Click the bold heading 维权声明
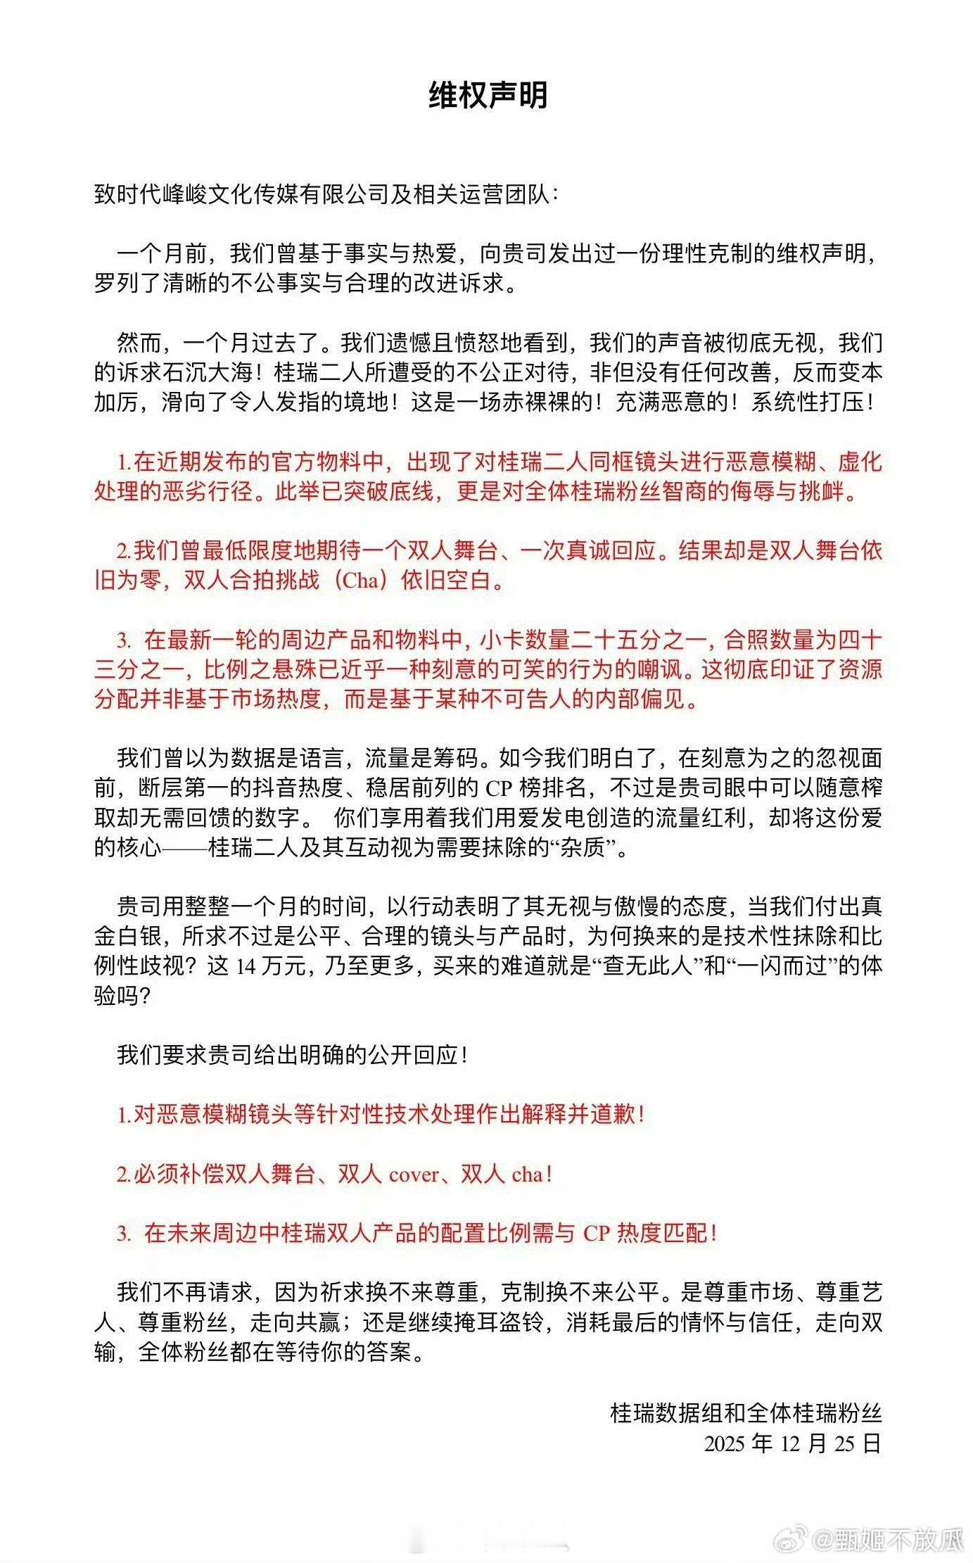coord(488,96)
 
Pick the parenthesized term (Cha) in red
coord(361,581)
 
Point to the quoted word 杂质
coord(583,847)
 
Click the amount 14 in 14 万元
coord(246,966)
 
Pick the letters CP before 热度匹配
coord(597,1234)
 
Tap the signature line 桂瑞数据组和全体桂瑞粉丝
coord(746,1412)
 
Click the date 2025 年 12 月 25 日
coord(792,1443)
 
